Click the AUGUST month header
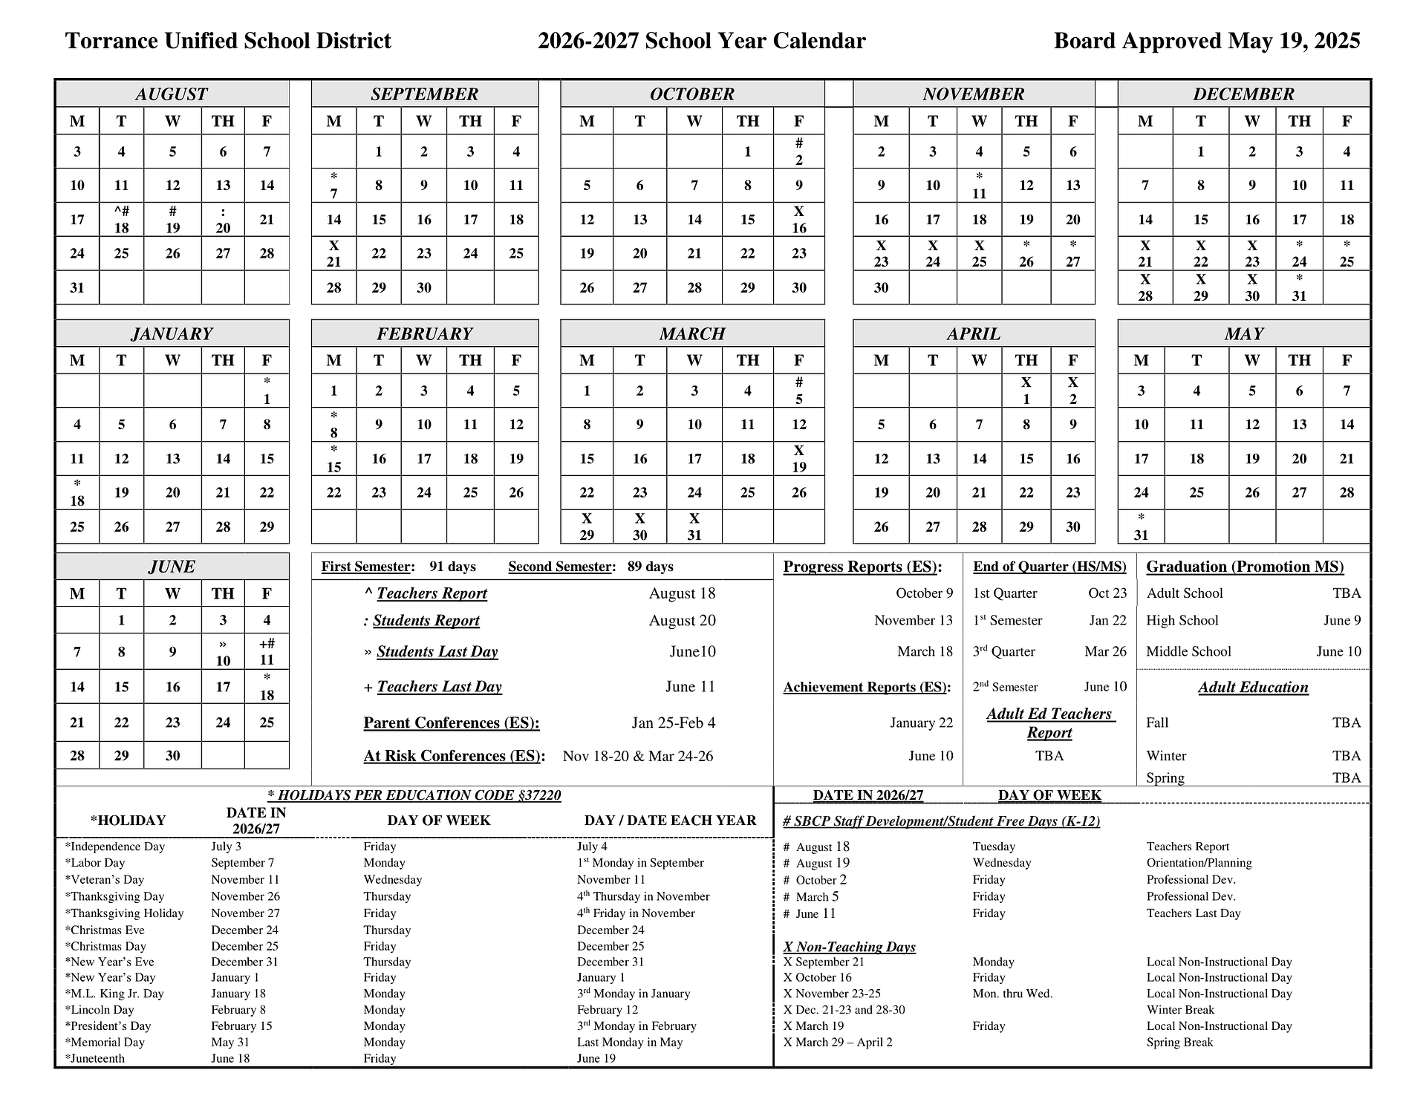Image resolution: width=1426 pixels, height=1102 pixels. click(x=172, y=94)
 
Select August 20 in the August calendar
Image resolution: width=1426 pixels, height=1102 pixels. click(x=223, y=221)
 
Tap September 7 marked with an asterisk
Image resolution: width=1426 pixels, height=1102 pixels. click(x=334, y=186)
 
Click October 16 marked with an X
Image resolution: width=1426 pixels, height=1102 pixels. click(x=798, y=221)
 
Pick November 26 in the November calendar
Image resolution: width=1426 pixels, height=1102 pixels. click(x=1026, y=254)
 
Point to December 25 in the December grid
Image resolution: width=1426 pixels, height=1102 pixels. click(x=1346, y=254)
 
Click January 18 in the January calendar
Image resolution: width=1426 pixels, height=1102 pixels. click(x=77, y=493)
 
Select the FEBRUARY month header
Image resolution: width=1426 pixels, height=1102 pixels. click(x=424, y=334)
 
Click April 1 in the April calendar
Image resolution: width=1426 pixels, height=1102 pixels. click(x=1026, y=391)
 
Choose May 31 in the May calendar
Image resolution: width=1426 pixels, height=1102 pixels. click(x=1141, y=527)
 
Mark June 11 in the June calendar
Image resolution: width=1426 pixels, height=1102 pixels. click(x=267, y=652)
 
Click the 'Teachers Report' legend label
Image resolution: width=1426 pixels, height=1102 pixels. click(x=432, y=593)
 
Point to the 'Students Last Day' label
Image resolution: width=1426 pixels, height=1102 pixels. click(x=437, y=652)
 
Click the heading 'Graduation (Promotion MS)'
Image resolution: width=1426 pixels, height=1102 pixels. click(x=1245, y=567)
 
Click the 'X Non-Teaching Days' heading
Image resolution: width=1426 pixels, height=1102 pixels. click(x=849, y=947)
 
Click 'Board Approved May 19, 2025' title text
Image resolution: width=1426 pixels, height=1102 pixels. click(x=1206, y=41)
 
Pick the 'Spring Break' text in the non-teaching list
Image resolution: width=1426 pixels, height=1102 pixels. click(x=1179, y=1042)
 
